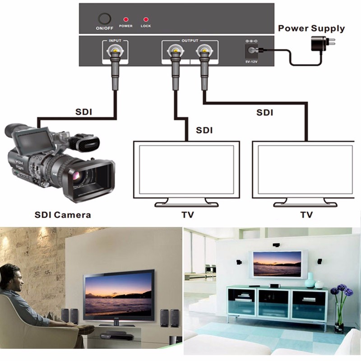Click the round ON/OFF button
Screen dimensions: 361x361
(105, 19)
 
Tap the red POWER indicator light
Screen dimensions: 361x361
(126, 20)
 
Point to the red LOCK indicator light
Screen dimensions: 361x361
(145, 20)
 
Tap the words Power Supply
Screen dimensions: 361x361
(311, 28)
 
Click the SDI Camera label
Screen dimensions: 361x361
(63, 214)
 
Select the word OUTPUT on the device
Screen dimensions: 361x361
(190, 41)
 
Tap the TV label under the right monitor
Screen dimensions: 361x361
(307, 214)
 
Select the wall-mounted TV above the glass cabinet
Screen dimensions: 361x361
(277, 264)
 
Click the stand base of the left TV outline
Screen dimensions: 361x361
(186, 204)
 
